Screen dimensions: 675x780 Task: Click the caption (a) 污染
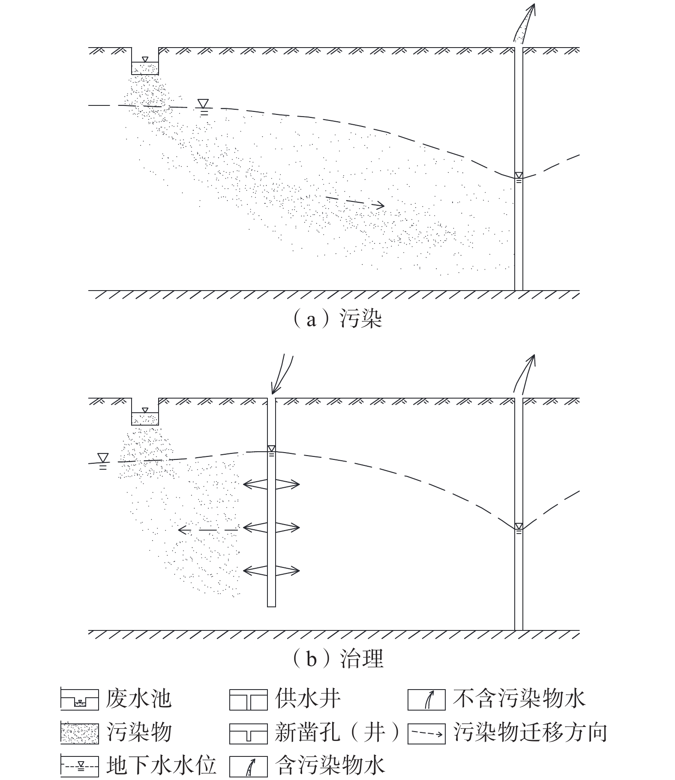pos(337,320)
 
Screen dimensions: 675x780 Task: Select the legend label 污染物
pos(139,732)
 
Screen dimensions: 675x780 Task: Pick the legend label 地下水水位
pos(161,765)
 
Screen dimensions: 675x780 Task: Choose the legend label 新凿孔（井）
pos(337,732)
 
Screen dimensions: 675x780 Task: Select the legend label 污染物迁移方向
pos(530,732)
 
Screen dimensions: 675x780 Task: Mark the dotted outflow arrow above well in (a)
pos(524,24)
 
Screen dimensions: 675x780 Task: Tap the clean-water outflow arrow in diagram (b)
pos(524,373)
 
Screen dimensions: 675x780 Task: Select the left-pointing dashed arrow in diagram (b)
pos(208,530)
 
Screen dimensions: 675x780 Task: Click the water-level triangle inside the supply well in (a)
pos(519,175)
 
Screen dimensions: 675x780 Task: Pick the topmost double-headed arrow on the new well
pos(271,484)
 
